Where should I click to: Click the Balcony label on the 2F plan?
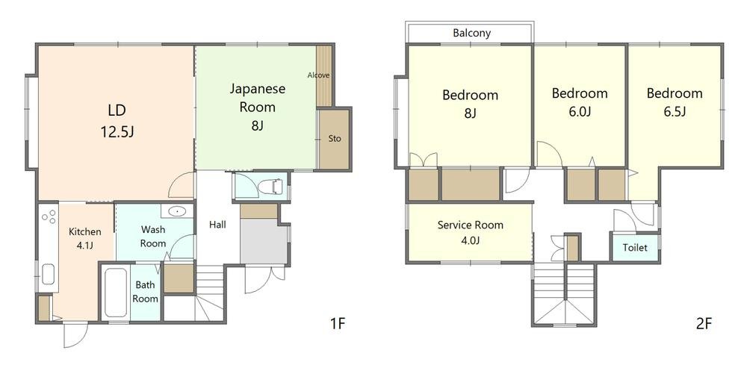pyautogui.click(x=471, y=34)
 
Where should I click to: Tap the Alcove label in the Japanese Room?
pyautogui.click(x=318, y=75)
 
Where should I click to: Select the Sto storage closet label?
pyautogui.click(x=335, y=139)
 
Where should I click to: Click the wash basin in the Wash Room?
pyautogui.click(x=177, y=210)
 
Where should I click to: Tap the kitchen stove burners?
pyautogui.click(x=48, y=217)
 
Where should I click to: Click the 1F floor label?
pyautogui.click(x=338, y=324)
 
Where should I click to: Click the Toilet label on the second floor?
pyautogui.click(x=635, y=248)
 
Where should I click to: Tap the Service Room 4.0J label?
pyautogui.click(x=471, y=232)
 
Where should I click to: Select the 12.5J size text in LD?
pyautogui.click(x=117, y=132)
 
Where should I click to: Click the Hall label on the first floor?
pyautogui.click(x=217, y=225)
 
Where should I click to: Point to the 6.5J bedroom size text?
pyautogui.click(x=674, y=112)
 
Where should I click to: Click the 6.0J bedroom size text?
pyautogui.click(x=580, y=112)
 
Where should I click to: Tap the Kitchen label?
pyautogui.click(x=85, y=231)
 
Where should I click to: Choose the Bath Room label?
pyautogui.click(x=146, y=292)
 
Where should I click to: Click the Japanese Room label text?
pyautogui.click(x=257, y=98)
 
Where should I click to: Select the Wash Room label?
pyautogui.click(x=153, y=237)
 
